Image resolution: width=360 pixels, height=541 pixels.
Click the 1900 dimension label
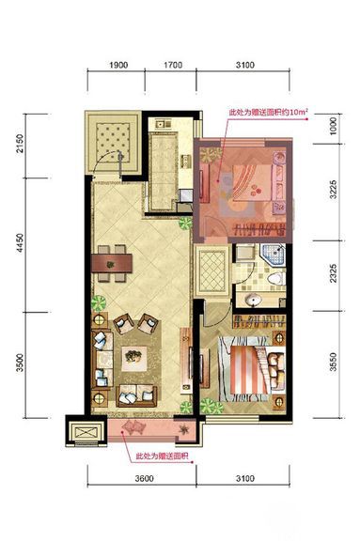tap(118, 65)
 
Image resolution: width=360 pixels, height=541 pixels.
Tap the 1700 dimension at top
tap(173, 65)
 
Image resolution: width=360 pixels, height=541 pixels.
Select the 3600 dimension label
tap(144, 479)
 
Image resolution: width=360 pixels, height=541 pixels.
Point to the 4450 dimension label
tap(20, 242)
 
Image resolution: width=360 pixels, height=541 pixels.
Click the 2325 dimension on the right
tap(333, 273)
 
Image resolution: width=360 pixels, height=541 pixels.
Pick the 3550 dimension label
tap(333, 362)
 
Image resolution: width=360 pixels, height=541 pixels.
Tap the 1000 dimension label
tap(333, 126)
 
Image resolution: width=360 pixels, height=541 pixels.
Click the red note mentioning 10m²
tap(268, 113)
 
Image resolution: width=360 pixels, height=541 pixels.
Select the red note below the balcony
tap(162, 456)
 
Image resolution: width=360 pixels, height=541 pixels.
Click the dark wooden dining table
tap(112, 263)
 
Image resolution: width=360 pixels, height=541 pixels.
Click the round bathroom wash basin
tap(254, 300)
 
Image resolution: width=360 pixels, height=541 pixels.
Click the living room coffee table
tap(133, 359)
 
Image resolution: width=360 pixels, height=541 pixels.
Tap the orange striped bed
tap(249, 370)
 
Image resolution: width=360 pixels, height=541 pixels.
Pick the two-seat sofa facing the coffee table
tap(136, 396)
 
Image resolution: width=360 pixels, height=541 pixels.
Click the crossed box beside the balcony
tap(86, 432)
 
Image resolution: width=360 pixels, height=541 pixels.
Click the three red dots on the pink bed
tap(256, 191)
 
